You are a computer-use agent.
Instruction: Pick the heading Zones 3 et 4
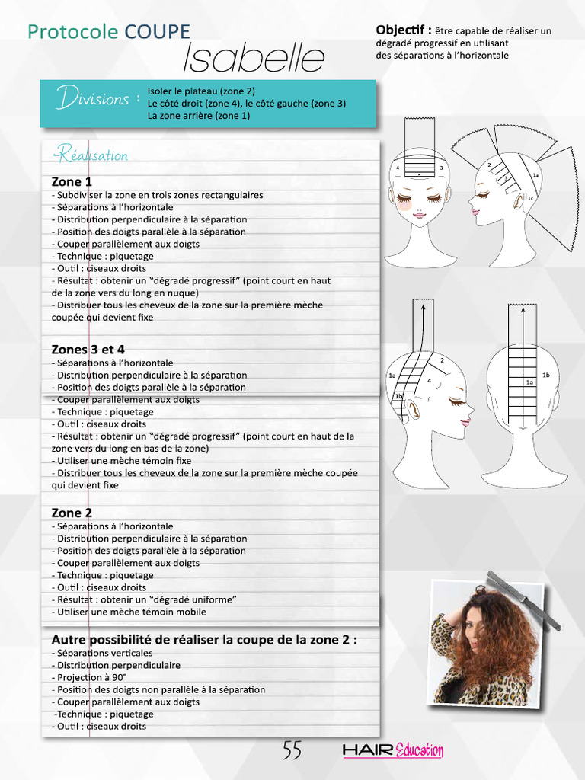[88, 350]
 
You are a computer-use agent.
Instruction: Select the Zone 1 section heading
[72, 182]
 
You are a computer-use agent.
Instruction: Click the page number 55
[292, 750]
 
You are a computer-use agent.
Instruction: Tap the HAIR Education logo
[393, 751]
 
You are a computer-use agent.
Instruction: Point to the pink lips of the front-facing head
[419, 215]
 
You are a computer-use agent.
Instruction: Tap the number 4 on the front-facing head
[397, 168]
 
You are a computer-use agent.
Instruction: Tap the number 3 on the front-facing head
[442, 168]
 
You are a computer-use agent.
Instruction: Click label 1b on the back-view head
[545, 376]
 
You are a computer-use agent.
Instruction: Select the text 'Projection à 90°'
[89, 677]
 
